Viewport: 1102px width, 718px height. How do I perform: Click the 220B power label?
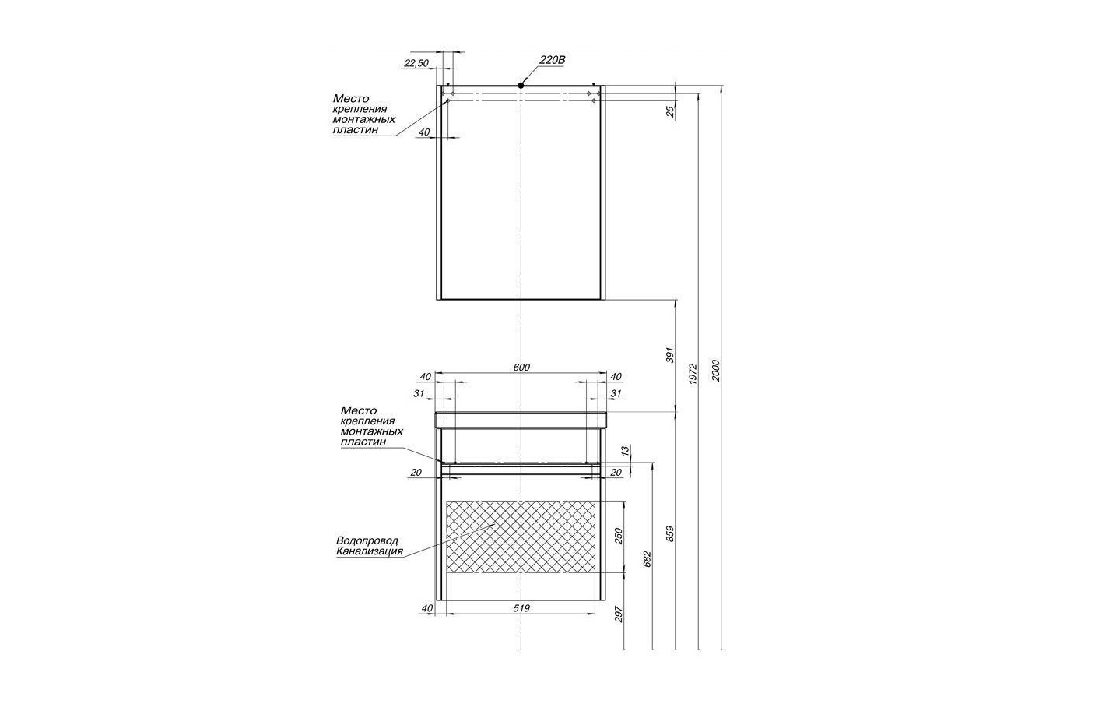click(x=553, y=60)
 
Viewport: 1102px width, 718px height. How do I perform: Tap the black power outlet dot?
click(x=521, y=85)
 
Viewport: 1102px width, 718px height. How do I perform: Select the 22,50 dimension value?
click(x=416, y=63)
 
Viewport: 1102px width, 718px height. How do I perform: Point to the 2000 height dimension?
click(x=716, y=370)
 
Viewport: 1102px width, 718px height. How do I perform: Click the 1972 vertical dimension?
click(x=693, y=374)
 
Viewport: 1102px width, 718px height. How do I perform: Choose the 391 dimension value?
click(x=669, y=355)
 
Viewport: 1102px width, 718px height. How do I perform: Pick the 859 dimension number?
click(x=669, y=534)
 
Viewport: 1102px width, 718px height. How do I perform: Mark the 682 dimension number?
click(x=647, y=559)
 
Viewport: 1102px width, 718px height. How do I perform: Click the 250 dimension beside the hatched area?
click(x=619, y=536)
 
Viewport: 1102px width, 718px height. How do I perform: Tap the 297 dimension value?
click(x=619, y=614)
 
